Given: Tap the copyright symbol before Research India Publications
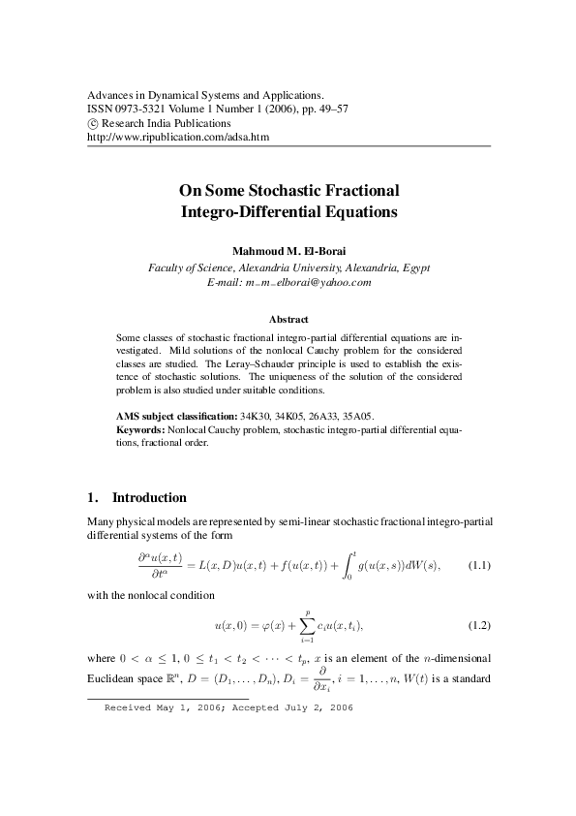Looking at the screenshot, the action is [x=93, y=124].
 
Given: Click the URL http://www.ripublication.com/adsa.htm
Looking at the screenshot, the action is [x=177, y=138].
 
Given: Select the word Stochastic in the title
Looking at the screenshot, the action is [x=290, y=190].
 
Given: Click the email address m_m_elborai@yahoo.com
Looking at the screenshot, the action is [x=289, y=281].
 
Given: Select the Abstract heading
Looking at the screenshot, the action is [x=288, y=319].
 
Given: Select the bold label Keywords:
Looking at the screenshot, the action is [x=141, y=427].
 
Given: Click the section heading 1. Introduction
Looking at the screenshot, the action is [x=136, y=497].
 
